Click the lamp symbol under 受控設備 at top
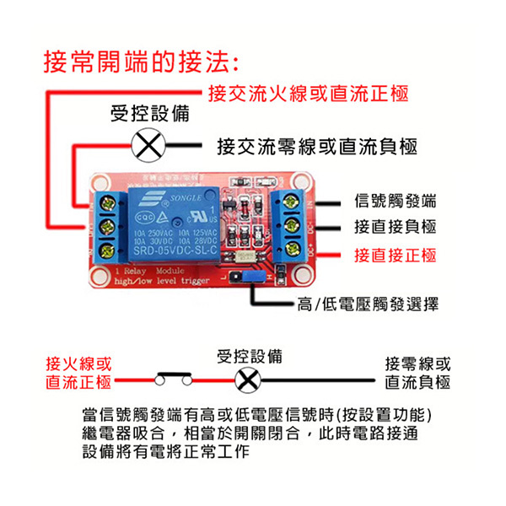tap(149, 148)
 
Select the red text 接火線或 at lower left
tap(78, 364)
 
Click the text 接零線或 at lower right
tap(417, 364)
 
